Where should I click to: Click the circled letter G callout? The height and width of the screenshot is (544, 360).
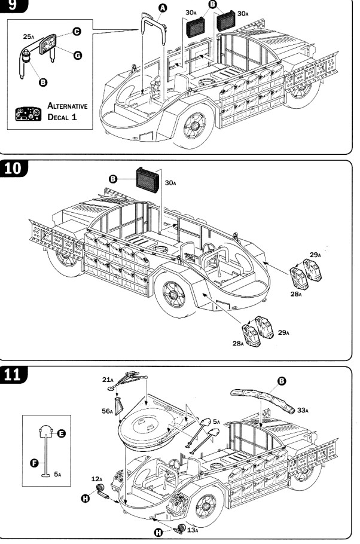click(x=77, y=56)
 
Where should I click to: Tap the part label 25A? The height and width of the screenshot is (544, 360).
click(x=29, y=37)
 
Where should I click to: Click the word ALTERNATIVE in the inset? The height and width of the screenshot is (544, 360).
click(x=68, y=106)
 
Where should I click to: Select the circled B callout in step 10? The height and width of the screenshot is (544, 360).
click(x=113, y=179)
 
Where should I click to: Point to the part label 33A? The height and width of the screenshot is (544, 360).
click(x=303, y=410)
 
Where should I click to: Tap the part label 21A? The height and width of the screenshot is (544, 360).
click(x=107, y=380)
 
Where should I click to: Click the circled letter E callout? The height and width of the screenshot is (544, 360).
click(x=62, y=436)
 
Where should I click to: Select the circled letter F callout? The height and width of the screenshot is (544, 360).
click(x=35, y=462)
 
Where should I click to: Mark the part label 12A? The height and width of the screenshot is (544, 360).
click(x=97, y=479)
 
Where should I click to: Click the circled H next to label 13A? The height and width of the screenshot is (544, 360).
click(x=158, y=532)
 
